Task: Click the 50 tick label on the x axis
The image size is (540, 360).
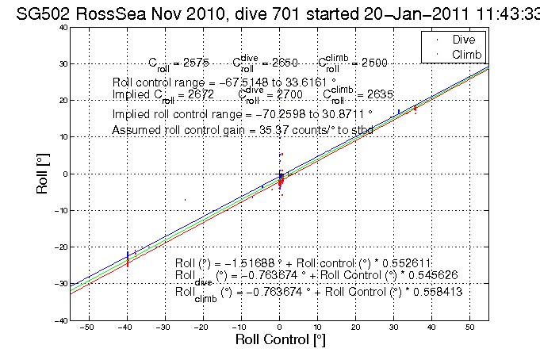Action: point(471,326)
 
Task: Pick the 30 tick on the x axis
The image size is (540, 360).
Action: point(394,326)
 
